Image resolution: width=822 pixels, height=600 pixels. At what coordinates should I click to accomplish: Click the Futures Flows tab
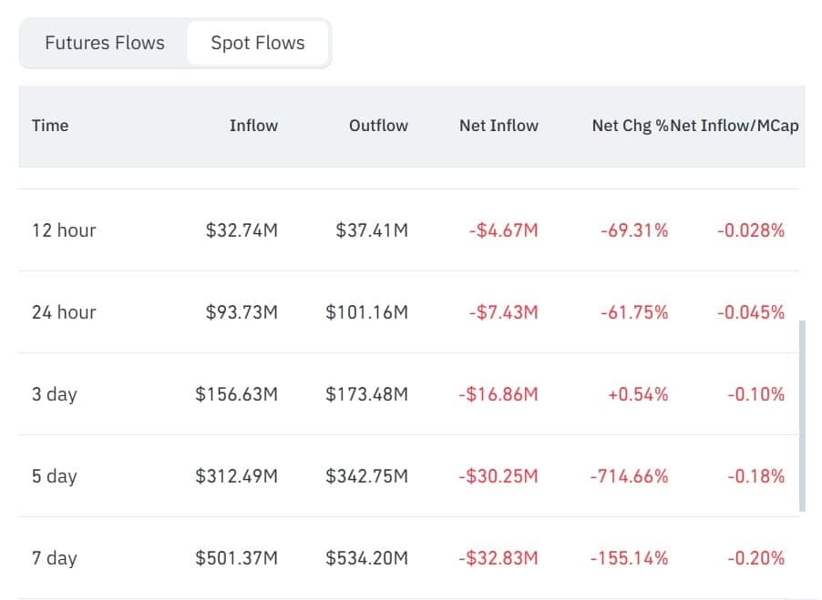[x=105, y=43]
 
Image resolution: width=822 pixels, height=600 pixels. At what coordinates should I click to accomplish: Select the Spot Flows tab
[x=257, y=43]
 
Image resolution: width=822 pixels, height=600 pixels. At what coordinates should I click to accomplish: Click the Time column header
[x=50, y=126]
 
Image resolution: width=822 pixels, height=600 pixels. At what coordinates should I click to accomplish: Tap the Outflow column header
[x=378, y=126]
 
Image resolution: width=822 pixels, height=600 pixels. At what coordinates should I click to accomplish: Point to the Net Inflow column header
[x=498, y=126]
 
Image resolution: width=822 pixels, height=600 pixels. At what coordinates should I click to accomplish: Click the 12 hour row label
[x=64, y=230]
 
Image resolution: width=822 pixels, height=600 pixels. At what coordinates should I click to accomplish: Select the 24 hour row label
[x=64, y=312]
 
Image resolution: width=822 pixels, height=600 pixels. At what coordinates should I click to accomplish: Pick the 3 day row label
[x=55, y=394]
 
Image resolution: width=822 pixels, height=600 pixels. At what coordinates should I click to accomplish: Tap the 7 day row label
[x=55, y=558]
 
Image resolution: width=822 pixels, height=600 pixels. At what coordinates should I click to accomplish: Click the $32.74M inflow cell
[x=241, y=230]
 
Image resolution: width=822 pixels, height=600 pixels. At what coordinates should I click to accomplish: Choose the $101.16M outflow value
[x=367, y=312]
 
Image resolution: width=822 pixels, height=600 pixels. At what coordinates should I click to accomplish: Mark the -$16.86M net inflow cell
[x=498, y=394]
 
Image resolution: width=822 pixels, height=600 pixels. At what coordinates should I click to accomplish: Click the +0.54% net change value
[x=638, y=394]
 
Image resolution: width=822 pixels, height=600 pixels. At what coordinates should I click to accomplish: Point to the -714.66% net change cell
[x=629, y=476]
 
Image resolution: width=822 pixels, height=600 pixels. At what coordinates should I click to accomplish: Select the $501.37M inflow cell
[x=236, y=558]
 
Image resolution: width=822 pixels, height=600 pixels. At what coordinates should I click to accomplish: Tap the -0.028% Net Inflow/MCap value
[x=751, y=230]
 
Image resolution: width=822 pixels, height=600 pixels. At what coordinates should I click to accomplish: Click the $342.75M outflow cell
[x=367, y=476]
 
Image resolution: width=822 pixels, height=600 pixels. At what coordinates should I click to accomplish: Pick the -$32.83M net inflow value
[x=498, y=558]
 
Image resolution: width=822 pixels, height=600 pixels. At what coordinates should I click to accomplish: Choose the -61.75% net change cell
[x=634, y=312]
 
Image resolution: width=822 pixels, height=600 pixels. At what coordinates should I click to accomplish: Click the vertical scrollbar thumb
[x=802, y=416]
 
